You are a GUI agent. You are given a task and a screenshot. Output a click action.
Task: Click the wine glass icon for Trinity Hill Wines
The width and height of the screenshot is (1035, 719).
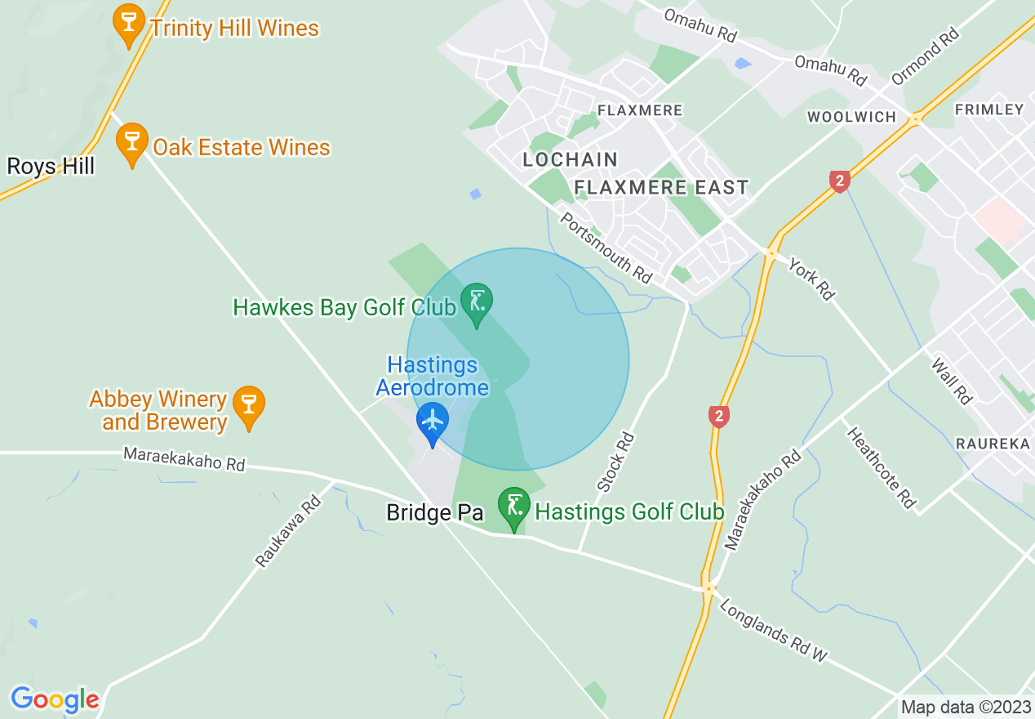128,23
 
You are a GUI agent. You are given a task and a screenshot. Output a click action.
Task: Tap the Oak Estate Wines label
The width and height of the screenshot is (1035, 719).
242,148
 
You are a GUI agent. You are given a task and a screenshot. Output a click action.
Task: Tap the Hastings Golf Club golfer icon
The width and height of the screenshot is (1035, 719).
514,507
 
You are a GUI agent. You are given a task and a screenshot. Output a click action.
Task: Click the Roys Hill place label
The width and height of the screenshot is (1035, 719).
51,167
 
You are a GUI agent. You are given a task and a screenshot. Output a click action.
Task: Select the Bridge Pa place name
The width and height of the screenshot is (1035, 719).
434,512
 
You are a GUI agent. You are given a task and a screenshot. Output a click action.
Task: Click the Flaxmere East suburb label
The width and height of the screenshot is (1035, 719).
661,187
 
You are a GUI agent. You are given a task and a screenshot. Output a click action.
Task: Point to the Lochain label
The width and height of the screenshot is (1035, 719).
571,159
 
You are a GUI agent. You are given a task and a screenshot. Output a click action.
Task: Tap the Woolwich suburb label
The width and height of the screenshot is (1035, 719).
851,117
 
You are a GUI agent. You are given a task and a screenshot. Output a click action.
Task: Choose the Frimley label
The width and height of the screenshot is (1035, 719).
988,109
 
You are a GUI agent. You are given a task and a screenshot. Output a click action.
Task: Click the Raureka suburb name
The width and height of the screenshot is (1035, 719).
992,444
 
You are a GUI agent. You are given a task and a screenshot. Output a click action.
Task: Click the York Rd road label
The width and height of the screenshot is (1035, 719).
811,279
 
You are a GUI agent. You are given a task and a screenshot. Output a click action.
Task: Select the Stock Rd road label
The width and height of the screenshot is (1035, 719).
616,462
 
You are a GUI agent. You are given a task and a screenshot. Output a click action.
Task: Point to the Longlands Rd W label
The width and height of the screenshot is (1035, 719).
773,630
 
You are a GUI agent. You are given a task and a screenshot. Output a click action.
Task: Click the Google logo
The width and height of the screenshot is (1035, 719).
55,699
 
